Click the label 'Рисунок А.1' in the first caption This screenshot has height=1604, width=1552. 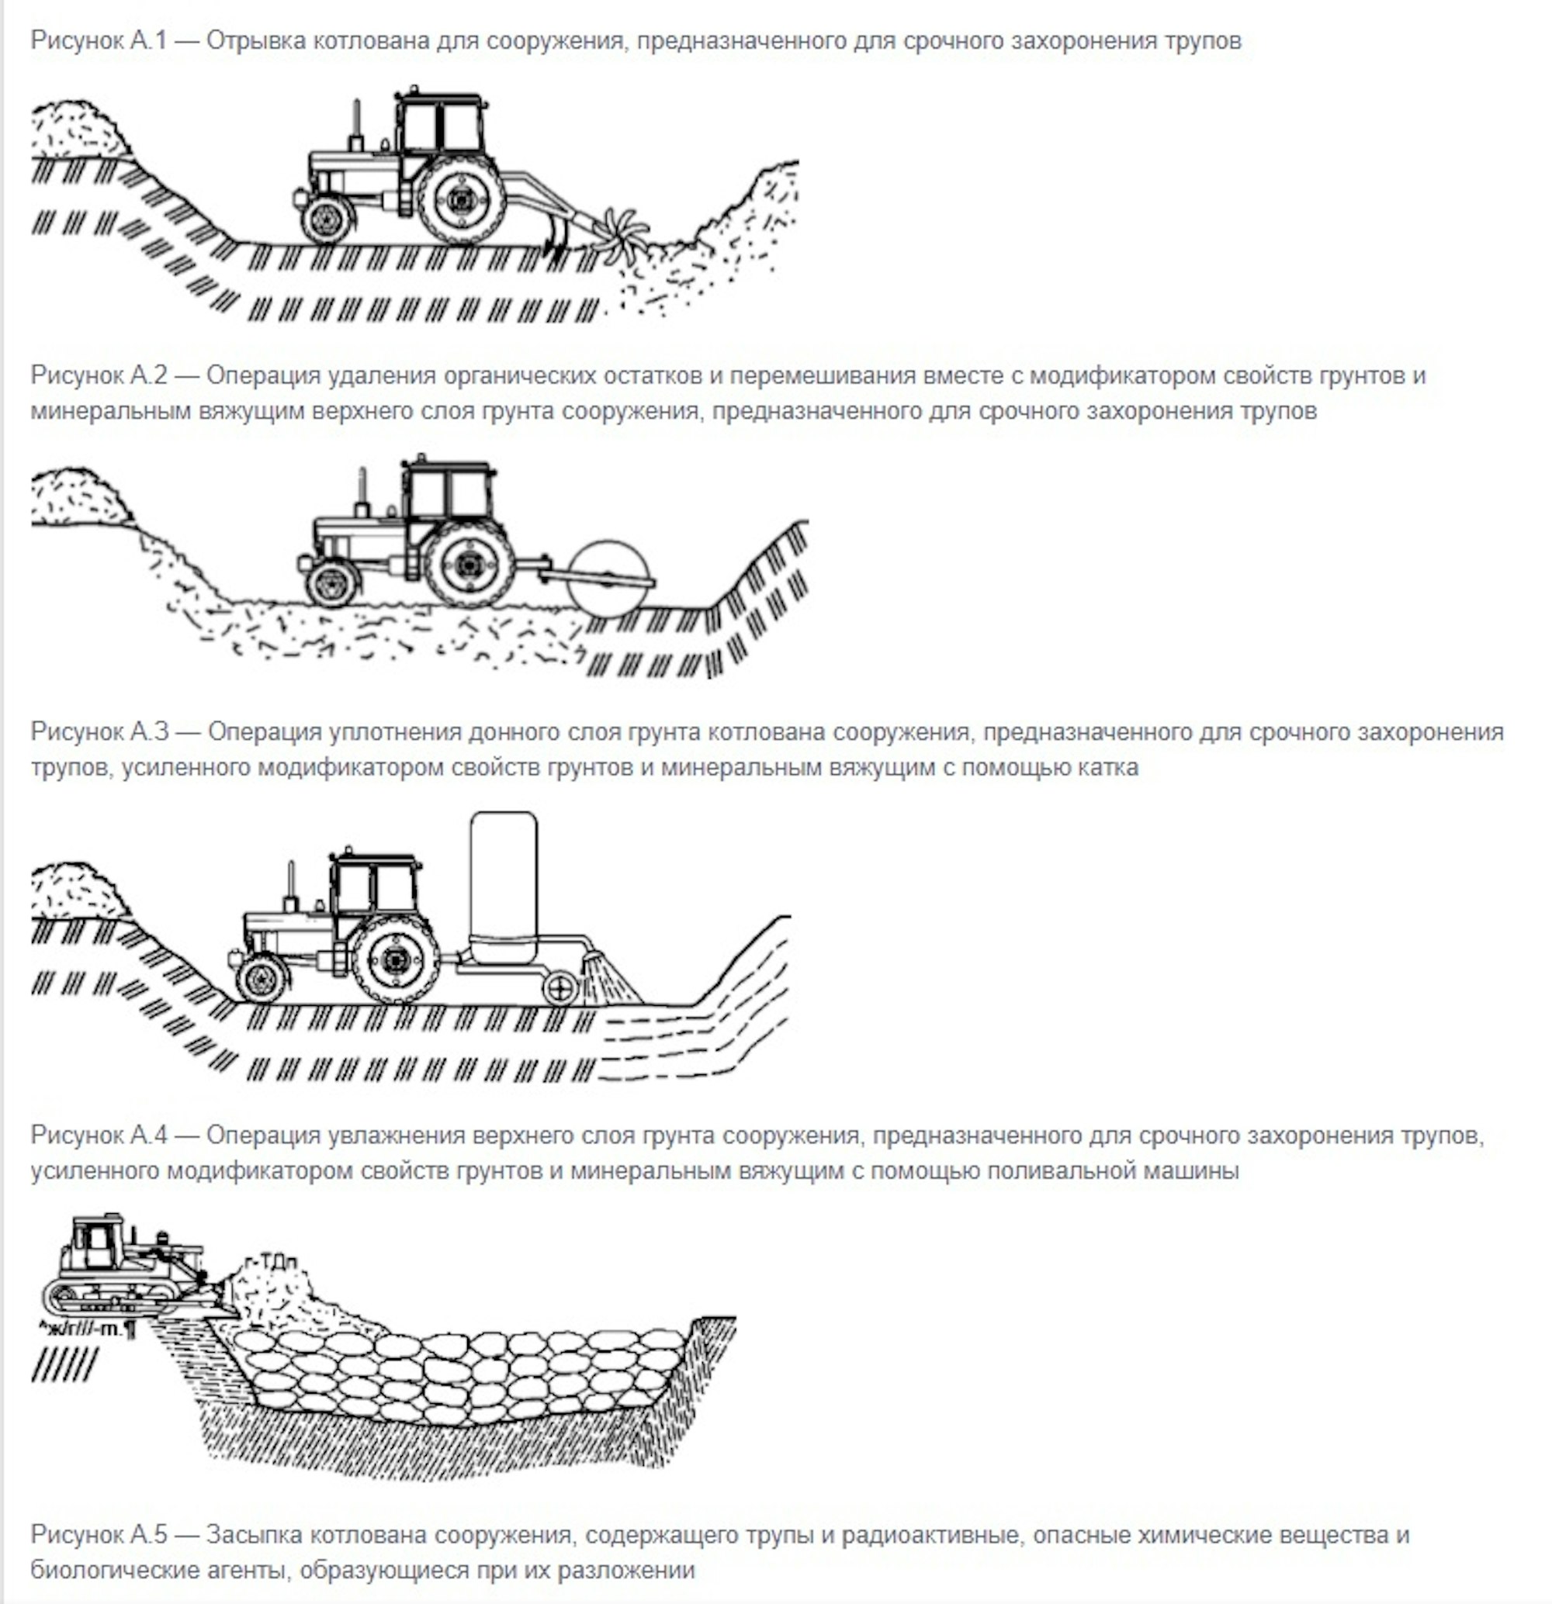(99, 40)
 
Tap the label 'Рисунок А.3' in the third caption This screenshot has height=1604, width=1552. (99, 731)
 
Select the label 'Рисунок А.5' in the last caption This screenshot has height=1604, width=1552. (99, 1533)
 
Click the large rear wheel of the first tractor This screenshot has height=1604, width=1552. (461, 199)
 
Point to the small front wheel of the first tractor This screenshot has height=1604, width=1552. (327, 219)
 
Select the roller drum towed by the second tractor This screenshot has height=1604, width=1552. (610, 576)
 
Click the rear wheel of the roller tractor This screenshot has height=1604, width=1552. (469, 564)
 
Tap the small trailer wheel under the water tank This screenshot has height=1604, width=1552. (560, 989)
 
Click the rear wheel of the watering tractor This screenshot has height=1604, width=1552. (395, 960)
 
